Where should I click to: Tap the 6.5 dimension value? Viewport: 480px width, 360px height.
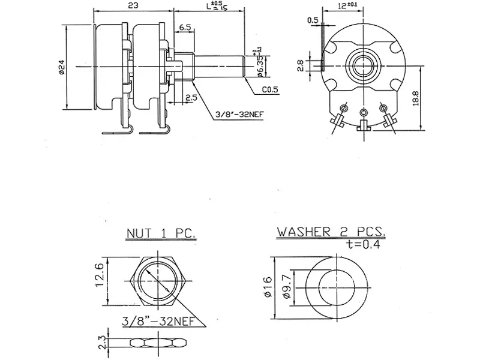tap(185, 28)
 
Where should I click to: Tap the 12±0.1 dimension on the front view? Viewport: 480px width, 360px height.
tap(343, 5)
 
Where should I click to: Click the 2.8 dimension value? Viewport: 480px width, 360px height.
tap(302, 64)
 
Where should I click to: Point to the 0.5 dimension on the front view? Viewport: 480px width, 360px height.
tap(313, 20)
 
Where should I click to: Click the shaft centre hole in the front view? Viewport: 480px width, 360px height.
tap(363, 62)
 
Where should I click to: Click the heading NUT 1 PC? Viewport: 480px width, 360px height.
tap(161, 232)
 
